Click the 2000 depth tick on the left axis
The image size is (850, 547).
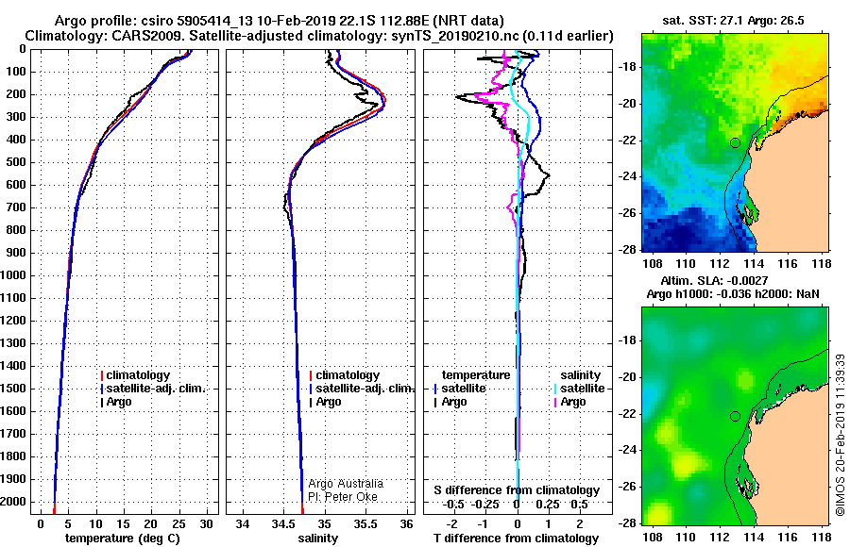coord(13,502)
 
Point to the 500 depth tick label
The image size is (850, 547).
coord(16,162)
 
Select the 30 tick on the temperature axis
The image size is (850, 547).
coord(206,523)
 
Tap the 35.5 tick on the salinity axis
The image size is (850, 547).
coord(365,523)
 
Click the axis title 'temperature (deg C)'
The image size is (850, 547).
coord(123,538)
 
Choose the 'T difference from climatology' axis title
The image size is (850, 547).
coord(516,538)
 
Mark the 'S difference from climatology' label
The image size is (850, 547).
coord(517,490)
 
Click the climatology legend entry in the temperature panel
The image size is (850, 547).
coord(135,375)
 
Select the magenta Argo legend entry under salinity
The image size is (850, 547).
coord(569,402)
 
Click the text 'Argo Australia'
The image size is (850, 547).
coord(346,484)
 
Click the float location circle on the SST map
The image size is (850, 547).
coord(735,143)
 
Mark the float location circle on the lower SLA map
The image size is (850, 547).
coord(735,417)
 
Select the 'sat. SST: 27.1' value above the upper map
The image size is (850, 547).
coord(703,21)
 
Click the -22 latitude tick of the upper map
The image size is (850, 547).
coord(628,141)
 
